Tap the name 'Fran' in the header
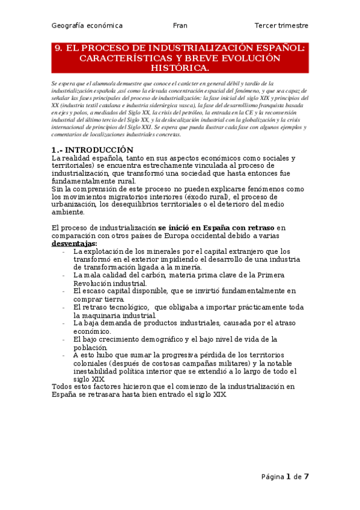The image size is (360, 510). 180,26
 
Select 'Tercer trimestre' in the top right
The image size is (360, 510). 281,26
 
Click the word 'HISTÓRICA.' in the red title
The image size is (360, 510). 180,68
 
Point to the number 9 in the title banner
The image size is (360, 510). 58,48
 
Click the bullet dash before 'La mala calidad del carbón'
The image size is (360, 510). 64,275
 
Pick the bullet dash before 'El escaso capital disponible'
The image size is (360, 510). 64,290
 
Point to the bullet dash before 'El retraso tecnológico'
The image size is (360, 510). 64,307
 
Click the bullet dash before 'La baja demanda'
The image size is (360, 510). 64,323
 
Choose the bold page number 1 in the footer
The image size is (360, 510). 288,476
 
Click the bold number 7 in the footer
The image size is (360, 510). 306,476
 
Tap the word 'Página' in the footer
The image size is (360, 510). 272,477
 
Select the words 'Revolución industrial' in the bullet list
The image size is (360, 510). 110,283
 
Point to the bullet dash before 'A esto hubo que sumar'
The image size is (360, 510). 64,355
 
